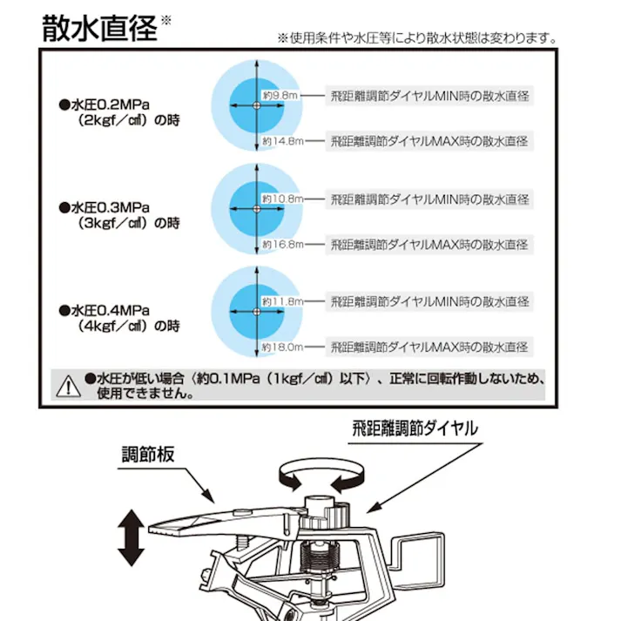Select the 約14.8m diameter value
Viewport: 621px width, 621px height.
tap(281, 140)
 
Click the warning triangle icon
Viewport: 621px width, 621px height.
tap(64, 384)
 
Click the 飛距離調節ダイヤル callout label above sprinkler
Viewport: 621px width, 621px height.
tap(415, 429)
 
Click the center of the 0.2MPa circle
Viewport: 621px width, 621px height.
tap(255, 105)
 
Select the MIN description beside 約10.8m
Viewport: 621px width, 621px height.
tap(429, 199)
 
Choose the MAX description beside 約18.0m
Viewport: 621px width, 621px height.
tap(429, 347)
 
